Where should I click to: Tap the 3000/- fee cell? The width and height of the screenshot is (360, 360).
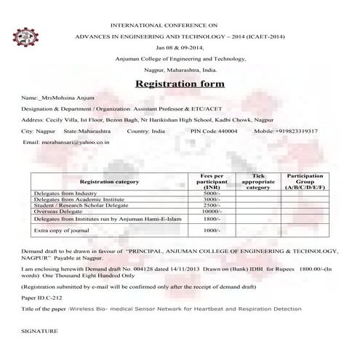point(212,199)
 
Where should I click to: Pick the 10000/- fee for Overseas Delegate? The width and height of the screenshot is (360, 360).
point(212,211)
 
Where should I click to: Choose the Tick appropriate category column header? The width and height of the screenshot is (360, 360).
point(258,181)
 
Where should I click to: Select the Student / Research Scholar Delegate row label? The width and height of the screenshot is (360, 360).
point(79,205)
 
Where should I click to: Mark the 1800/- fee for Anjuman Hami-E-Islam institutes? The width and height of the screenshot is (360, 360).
point(212,218)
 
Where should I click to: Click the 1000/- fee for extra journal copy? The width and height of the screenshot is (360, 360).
point(212,231)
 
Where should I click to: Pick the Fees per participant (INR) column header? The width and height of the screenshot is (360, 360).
point(212,181)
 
